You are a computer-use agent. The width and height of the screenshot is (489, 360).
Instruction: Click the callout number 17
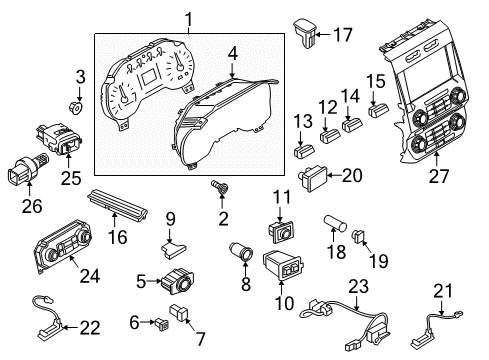click(x=342, y=35)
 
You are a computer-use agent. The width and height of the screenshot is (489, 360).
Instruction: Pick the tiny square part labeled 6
click(x=159, y=321)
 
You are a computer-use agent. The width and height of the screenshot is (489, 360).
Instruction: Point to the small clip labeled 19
click(x=361, y=238)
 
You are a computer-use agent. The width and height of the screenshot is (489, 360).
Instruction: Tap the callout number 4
click(x=231, y=52)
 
